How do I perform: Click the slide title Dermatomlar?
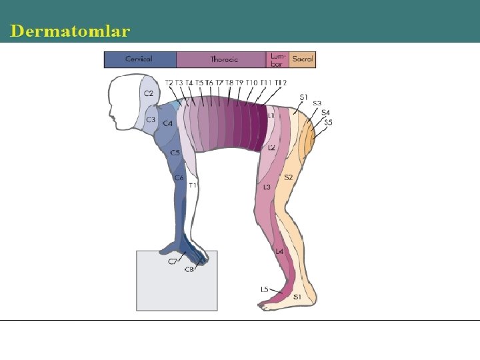[70, 31]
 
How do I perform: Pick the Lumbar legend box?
[277, 59]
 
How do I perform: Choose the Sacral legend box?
[302, 59]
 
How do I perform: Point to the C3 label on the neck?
[151, 120]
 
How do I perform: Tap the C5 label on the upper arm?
[175, 153]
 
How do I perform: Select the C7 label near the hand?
[172, 262]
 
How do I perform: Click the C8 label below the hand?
[189, 269]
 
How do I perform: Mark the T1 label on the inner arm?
[192, 185]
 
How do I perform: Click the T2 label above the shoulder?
[169, 83]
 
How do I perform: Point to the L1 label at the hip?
[271, 115]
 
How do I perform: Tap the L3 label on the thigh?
[267, 187]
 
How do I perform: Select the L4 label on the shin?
[279, 251]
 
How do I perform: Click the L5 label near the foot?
[264, 289]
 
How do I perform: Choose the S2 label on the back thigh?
[288, 177]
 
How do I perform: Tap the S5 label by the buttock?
[329, 123]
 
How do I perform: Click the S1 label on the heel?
[297, 296]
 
